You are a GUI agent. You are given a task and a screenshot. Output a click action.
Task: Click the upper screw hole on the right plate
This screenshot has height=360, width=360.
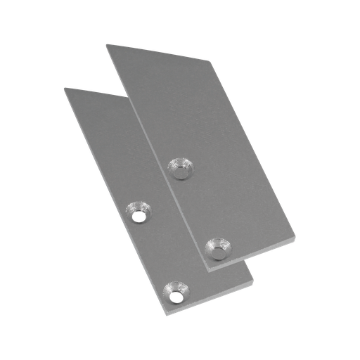click(x=180, y=169)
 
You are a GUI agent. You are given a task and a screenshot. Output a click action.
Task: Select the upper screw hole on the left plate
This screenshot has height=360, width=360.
click(x=138, y=212)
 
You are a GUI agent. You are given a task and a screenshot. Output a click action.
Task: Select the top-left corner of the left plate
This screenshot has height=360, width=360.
click(x=63, y=87)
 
